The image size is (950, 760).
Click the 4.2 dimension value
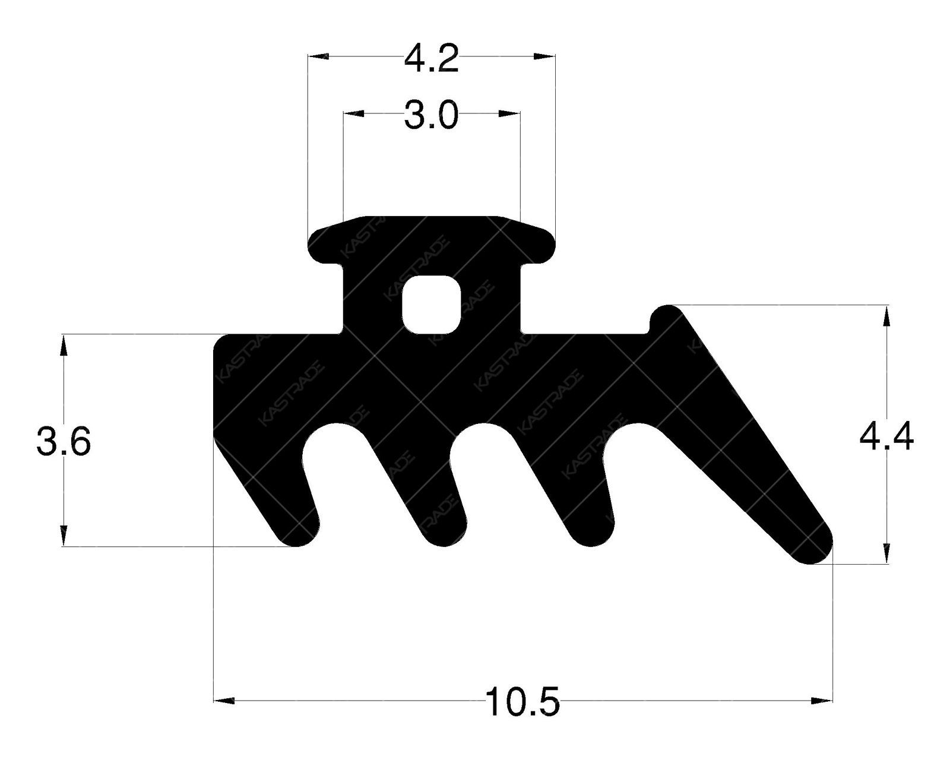tap(431, 59)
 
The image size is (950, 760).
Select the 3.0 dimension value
tap(431, 115)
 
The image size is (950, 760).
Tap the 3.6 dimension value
tap(64, 442)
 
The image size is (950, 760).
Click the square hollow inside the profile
tap(432, 303)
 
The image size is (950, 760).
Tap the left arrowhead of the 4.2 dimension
tap(318, 56)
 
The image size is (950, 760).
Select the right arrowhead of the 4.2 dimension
tap(544, 56)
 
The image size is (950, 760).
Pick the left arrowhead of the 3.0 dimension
tap(354, 113)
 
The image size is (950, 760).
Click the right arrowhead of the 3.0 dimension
tap(509, 113)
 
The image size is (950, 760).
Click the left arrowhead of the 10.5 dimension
tap(224, 701)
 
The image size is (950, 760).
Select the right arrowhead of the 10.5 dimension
tap(822, 701)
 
